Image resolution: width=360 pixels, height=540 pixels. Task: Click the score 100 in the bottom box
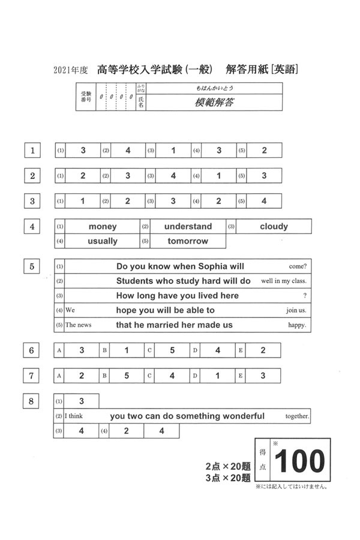point(299,461)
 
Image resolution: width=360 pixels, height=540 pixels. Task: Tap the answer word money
point(103,227)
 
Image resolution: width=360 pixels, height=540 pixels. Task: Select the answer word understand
point(188,227)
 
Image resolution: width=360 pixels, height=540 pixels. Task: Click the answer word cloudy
point(274,227)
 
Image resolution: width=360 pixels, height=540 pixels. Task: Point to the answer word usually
point(103,241)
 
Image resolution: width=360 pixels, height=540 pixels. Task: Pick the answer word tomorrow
point(188,241)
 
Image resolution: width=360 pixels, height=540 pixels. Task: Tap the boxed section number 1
point(32,150)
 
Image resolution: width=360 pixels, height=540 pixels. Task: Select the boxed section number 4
point(32,227)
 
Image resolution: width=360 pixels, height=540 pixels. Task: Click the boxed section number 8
point(32,401)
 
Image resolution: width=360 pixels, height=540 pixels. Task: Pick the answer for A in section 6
point(82,350)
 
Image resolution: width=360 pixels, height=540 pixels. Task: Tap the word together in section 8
point(298,416)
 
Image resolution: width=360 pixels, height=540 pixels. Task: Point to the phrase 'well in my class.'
point(284,281)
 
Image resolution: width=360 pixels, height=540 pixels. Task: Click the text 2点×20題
point(227,466)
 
